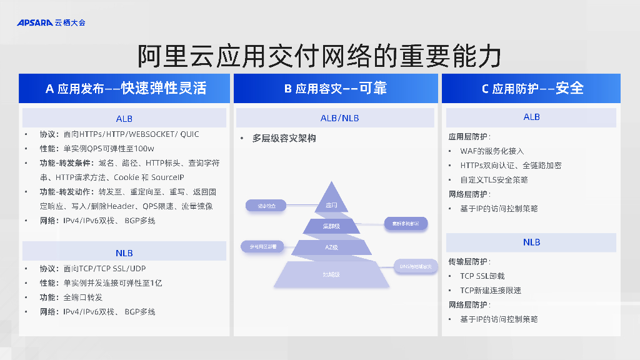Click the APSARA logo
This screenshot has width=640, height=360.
[x=51, y=22]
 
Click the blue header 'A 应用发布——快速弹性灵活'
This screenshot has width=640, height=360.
[x=126, y=88]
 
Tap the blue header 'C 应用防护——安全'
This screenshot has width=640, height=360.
[x=532, y=88]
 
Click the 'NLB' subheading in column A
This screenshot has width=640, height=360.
[x=124, y=253]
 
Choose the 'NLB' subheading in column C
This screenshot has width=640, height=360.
[x=531, y=242]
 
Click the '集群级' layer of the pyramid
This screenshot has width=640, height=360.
[x=331, y=226]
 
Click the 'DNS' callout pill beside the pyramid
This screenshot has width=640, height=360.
[x=416, y=266]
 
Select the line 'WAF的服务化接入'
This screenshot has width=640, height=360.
[x=492, y=151]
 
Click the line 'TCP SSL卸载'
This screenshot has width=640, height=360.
[x=482, y=276]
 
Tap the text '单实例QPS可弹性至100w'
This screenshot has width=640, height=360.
[x=109, y=149]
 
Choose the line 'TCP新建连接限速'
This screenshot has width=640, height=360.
[x=490, y=291]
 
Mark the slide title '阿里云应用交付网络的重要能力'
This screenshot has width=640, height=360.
[x=319, y=57]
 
